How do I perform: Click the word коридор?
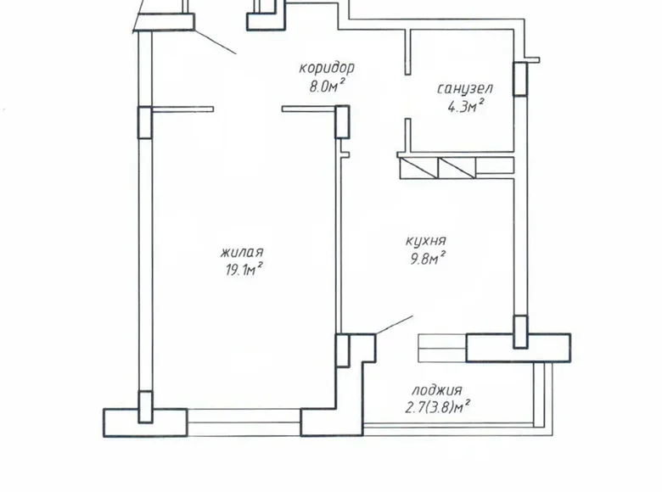(326, 68)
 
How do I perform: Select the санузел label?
(464, 88)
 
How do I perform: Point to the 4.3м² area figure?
(465, 105)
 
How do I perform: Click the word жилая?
(241, 252)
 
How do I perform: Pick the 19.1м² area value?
(241, 269)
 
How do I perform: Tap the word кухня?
(427, 240)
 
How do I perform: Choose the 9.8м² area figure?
(427, 258)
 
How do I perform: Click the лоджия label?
(436, 390)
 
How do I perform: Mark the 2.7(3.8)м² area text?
(440, 406)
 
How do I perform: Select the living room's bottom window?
(244, 417)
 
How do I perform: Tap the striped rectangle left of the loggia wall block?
(442, 347)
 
